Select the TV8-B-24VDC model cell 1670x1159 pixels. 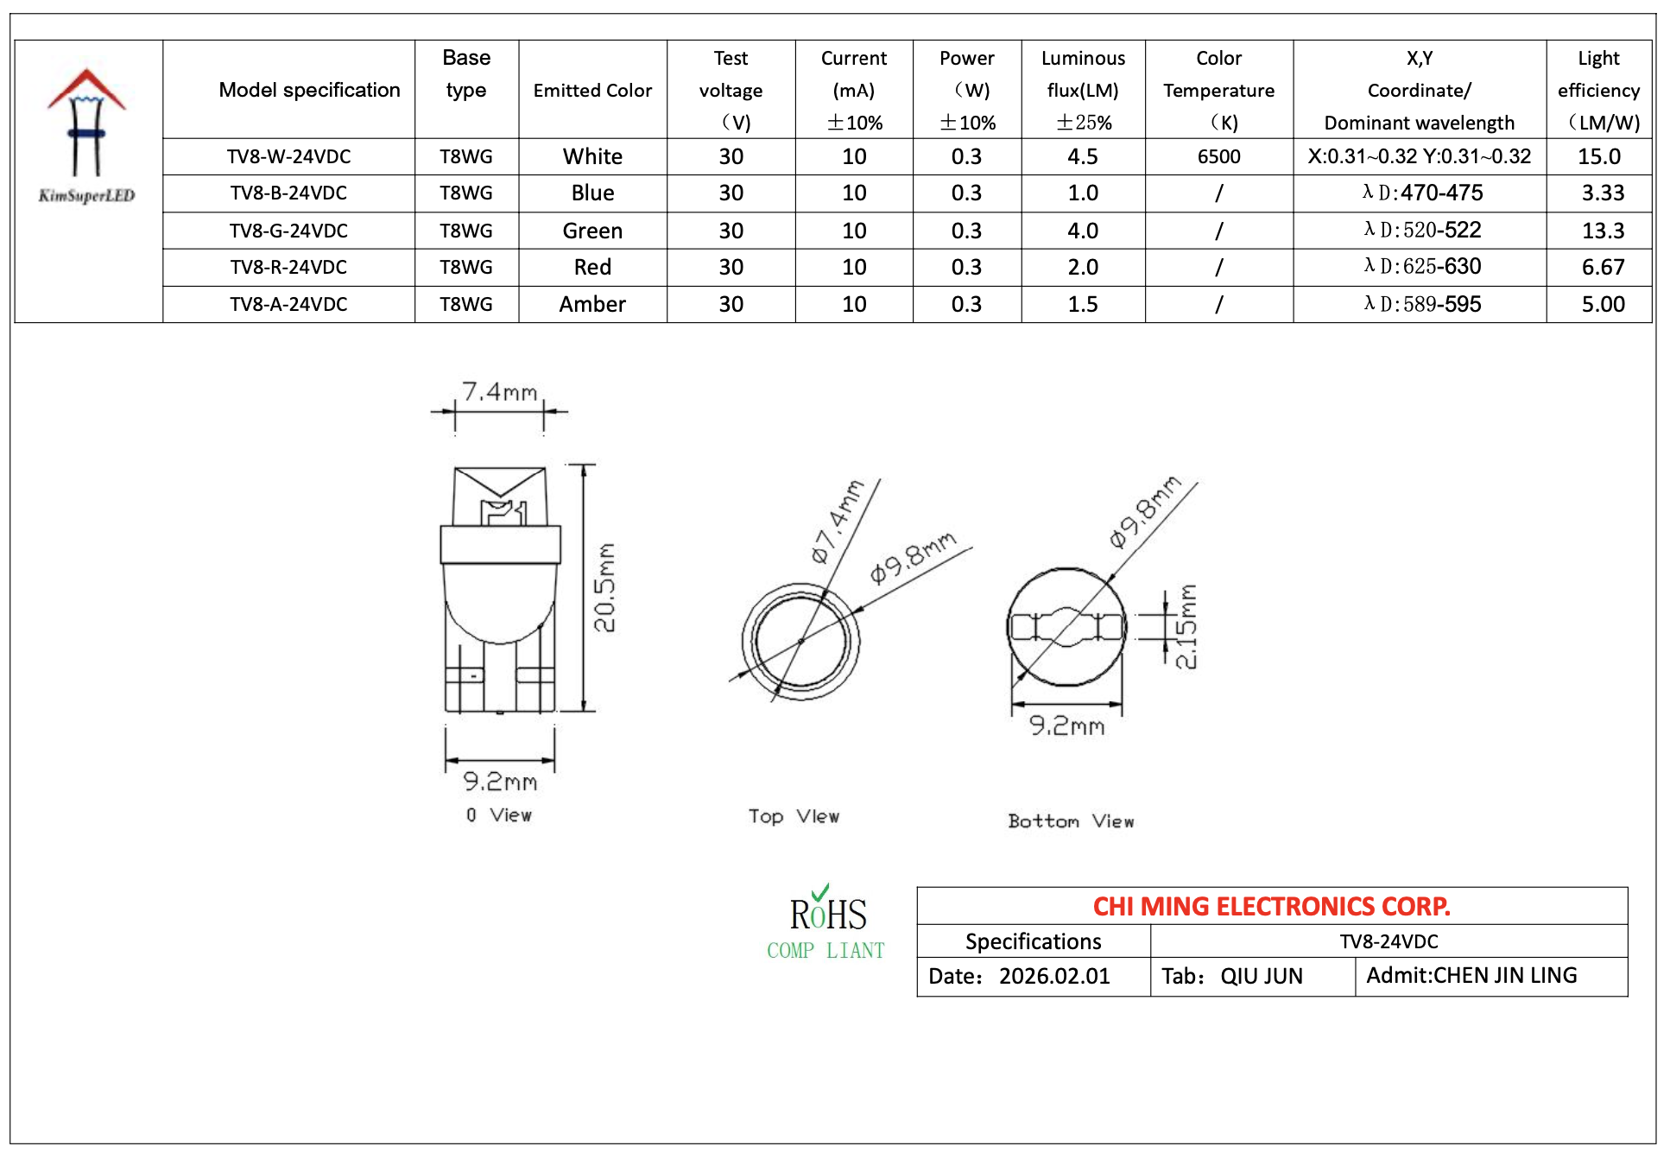click(288, 193)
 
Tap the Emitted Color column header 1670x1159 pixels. click(592, 91)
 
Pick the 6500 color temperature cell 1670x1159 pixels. click(1218, 157)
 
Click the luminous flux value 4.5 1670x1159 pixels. click(1082, 157)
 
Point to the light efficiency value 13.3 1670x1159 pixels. click(1603, 231)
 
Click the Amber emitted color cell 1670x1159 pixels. click(592, 304)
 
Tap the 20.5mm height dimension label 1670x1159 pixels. click(605, 587)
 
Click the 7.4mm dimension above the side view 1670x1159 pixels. click(500, 392)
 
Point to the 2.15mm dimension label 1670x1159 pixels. click(1187, 626)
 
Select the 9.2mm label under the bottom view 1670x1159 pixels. click(1066, 725)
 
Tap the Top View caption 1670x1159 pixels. click(794, 816)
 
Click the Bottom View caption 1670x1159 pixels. click(1071, 821)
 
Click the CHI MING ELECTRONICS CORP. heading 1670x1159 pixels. click(1271, 906)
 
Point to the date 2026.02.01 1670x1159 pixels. click(1054, 977)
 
